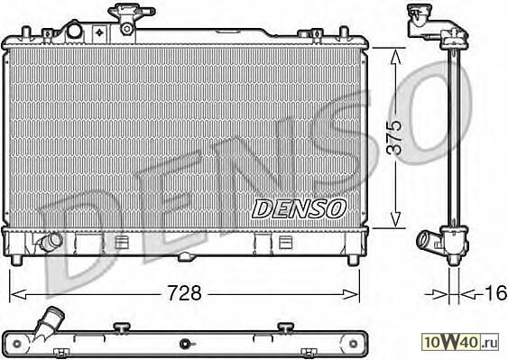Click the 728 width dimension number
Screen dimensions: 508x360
184,293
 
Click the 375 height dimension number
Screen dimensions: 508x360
395,137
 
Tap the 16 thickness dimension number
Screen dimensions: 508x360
495,293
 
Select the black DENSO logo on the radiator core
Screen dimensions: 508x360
299,208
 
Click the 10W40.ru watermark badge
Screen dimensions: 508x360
460,342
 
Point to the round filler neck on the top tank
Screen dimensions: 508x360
74,31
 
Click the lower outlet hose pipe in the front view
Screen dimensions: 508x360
51,241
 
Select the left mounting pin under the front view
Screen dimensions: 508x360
16,260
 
